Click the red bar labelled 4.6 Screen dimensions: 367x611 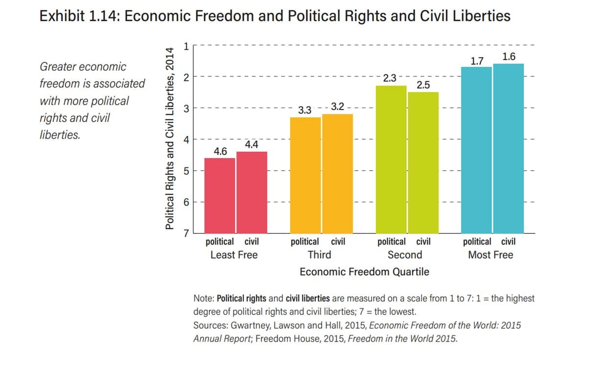click(x=220, y=196)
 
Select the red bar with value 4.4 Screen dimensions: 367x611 click(x=252, y=192)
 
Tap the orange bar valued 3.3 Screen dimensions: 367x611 click(x=305, y=175)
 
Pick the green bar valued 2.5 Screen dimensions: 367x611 click(x=423, y=162)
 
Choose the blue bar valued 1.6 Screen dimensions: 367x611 click(x=508, y=148)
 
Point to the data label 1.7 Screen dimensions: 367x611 click(x=477, y=61)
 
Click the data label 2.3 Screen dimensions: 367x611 click(x=390, y=78)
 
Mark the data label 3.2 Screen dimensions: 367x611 click(x=338, y=106)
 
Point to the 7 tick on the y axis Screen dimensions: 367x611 click(x=186, y=233)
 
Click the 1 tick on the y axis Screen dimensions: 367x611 click(x=186, y=46)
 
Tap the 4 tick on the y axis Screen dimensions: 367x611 click(x=186, y=139)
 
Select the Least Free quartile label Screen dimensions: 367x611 click(x=234, y=255)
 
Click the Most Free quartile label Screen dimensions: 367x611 click(x=491, y=255)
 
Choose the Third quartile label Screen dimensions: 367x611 click(x=319, y=255)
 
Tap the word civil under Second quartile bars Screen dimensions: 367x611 click(x=423, y=242)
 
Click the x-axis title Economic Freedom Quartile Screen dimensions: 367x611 click(x=364, y=272)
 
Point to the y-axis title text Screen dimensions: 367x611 click(x=170, y=138)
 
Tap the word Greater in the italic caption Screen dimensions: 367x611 click(x=58, y=67)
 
